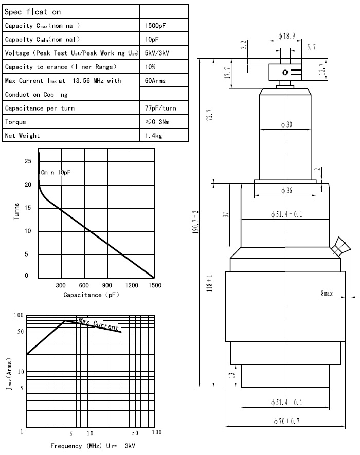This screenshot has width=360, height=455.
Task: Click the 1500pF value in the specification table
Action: pos(155,25)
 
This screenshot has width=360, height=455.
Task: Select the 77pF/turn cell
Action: pos(161,108)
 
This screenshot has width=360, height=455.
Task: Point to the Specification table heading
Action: pos(33,11)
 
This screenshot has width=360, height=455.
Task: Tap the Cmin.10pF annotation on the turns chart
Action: pos(56,173)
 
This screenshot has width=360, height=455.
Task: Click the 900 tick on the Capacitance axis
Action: pos(107,286)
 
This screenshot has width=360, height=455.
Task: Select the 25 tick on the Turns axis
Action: pos(27,161)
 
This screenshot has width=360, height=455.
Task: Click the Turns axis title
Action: pos(16,212)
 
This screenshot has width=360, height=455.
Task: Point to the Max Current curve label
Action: pos(98,324)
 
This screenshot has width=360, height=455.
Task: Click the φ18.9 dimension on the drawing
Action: pos(286,37)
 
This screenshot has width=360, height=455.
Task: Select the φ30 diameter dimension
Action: pos(286,124)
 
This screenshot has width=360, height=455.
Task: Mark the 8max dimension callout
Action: pos(327,293)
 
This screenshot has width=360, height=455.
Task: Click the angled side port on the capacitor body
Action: pos(338,247)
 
